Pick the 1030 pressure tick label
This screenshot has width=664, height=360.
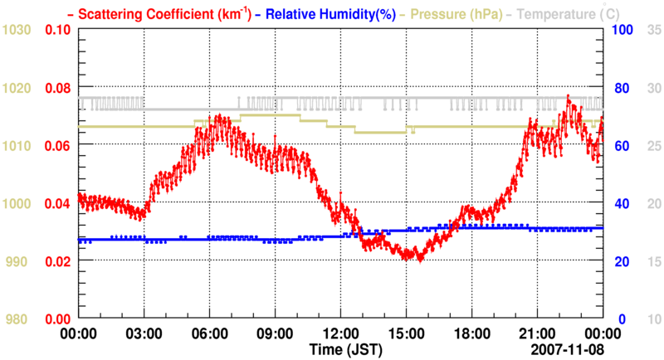click(x=17, y=30)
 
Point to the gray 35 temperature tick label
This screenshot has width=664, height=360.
click(x=653, y=30)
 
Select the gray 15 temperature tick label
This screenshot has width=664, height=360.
click(x=653, y=261)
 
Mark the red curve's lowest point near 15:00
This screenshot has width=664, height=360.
click(x=419, y=260)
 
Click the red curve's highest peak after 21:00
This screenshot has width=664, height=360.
click(x=568, y=97)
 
